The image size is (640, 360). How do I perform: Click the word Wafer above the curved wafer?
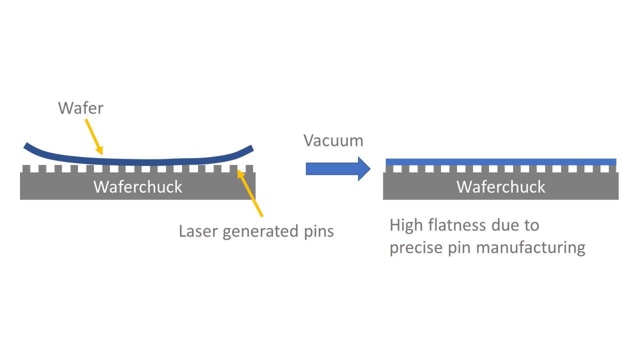[x=80, y=108]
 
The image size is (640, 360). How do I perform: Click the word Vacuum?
[x=333, y=140]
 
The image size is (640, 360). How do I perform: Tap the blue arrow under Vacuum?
[x=337, y=169]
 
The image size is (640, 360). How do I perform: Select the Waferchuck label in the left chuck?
[x=138, y=186]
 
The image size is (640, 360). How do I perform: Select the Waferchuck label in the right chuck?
[x=501, y=186]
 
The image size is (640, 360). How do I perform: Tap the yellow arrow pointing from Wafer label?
[x=93, y=136]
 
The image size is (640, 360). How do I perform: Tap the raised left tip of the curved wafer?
[x=27, y=146]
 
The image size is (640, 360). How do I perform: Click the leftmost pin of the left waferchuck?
[x=26, y=169]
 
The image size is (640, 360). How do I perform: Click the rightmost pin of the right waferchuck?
[x=613, y=169]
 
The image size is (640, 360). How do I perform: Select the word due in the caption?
[x=508, y=225]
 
